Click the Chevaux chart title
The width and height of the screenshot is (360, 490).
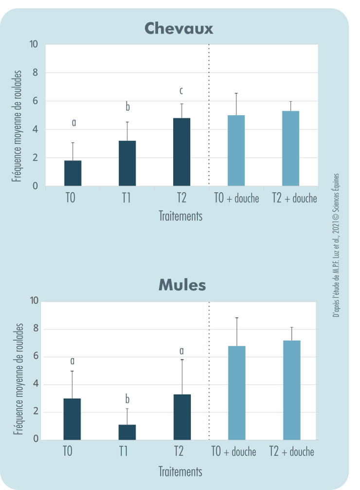(180, 29)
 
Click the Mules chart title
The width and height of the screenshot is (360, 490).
(182, 285)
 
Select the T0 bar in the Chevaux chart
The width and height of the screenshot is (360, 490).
(73, 173)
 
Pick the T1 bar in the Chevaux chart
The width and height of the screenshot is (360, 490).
(127, 163)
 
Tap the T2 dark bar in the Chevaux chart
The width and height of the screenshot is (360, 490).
(181, 152)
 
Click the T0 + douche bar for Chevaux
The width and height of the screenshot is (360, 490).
(236, 151)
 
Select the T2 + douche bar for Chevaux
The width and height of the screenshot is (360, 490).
(290, 148)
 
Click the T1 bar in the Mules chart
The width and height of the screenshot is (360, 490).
(127, 432)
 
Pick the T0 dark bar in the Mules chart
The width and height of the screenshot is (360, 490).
(72, 419)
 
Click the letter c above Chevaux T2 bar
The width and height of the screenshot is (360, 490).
(181, 91)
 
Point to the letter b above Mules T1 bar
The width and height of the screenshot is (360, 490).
(127, 400)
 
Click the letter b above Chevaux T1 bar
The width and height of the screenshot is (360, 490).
(127, 107)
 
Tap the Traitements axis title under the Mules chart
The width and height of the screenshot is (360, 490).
(180, 471)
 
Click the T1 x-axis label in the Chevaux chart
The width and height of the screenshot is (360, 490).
(127, 198)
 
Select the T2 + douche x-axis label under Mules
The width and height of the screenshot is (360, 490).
(291, 452)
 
